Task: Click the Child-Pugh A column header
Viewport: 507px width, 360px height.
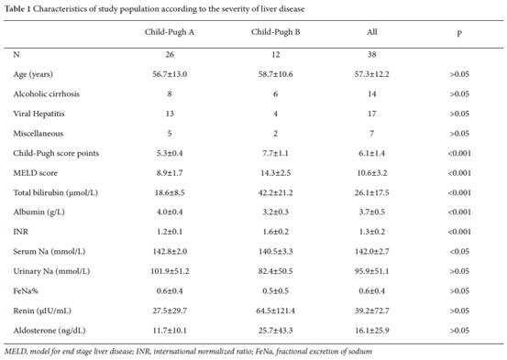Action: tap(170, 32)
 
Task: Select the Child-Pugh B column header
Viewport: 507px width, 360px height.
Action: tap(275, 32)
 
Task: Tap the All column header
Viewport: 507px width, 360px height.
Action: tap(372, 32)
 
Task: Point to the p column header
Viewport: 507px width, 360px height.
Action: tap(459, 33)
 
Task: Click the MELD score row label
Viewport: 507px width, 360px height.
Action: tap(35, 173)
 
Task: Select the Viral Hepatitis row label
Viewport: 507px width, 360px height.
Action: tap(39, 114)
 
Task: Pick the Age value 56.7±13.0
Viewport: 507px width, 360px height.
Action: tap(170, 74)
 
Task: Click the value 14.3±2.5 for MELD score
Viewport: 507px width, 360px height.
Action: tap(275, 173)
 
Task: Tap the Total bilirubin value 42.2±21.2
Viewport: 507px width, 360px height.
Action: tap(275, 192)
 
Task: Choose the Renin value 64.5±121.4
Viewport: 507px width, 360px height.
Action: tap(275, 311)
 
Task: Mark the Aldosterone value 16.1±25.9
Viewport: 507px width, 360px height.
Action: tap(372, 331)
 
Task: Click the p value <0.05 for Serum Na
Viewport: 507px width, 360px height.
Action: tap(459, 251)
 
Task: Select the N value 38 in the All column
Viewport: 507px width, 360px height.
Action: tap(372, 54)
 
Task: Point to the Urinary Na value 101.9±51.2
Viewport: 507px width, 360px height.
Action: tap(170, 271)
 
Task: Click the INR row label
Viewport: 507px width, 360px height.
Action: tap(21, 232)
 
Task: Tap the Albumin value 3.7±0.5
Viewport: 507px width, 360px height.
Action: tap(372, 212)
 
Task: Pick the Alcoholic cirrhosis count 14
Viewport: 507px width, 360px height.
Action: tap(372, 94)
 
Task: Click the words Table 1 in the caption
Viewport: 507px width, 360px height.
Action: tap(17, 9)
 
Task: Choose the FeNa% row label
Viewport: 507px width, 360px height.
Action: tap(26, 291)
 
